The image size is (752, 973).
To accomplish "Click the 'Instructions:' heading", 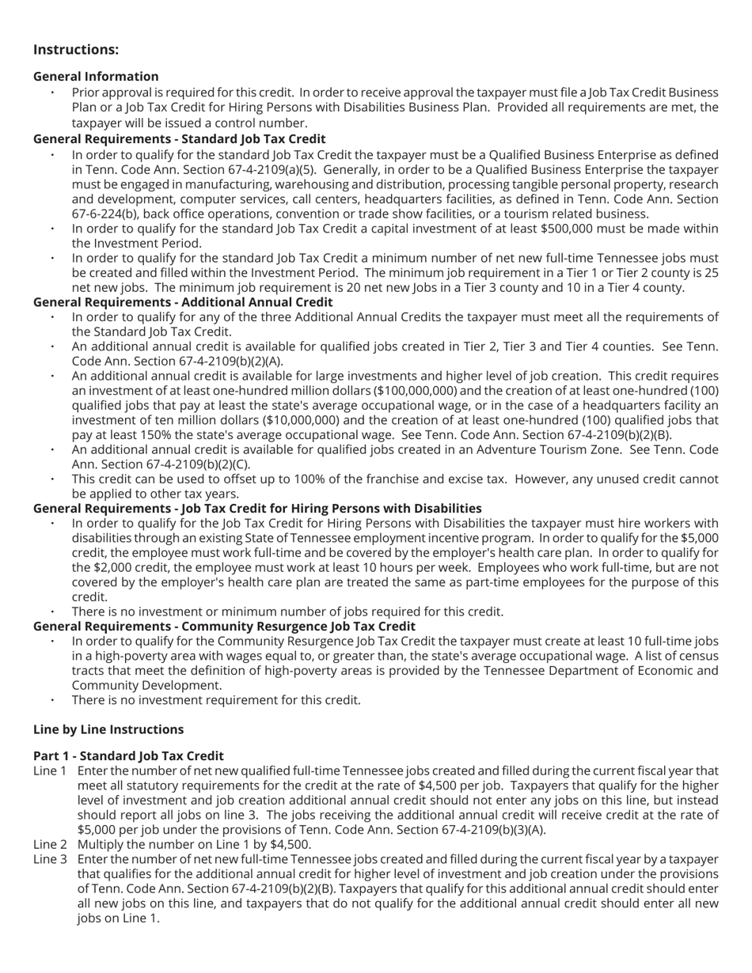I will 76,50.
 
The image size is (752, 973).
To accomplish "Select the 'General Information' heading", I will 96,77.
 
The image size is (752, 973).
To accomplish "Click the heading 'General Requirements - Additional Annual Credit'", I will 183,302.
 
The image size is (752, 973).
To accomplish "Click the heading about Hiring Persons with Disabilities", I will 257,509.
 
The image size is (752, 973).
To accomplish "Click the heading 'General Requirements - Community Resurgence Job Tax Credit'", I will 224,627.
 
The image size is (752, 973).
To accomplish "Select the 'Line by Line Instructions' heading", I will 108,729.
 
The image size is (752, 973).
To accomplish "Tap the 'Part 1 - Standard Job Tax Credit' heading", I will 128,755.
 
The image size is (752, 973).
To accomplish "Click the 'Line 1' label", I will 50,770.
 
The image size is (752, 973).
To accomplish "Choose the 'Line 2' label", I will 50,844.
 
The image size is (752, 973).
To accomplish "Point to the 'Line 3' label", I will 50,859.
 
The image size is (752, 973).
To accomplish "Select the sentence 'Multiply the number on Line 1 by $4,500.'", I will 194,844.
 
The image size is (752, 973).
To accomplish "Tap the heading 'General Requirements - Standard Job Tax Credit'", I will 180,139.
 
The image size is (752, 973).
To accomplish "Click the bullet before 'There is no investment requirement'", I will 53,700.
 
